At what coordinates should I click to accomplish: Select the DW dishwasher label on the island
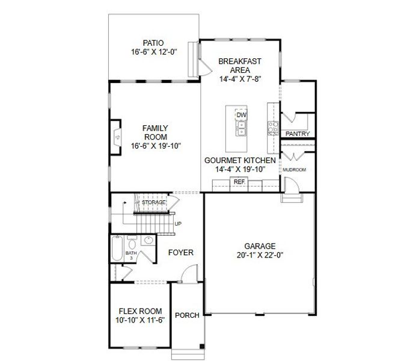tap(242, 115)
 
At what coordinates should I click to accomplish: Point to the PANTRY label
tap(298, 134)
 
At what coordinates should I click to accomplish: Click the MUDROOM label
tap(295, 170)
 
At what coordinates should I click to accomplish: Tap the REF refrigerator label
tap(239, 181)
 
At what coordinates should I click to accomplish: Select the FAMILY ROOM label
tap(155, 132)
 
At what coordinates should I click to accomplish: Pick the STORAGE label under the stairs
tap(153, 202)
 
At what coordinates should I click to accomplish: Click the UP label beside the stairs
tap(178, 224)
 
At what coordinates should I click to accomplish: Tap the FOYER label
tap(180, 253)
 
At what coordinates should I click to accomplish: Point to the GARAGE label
tap(260, 246)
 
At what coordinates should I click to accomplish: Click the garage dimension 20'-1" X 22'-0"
tap(260, 255)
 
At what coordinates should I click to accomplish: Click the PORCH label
tap(187, 315)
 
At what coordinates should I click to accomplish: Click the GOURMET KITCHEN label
tap(240, 161)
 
